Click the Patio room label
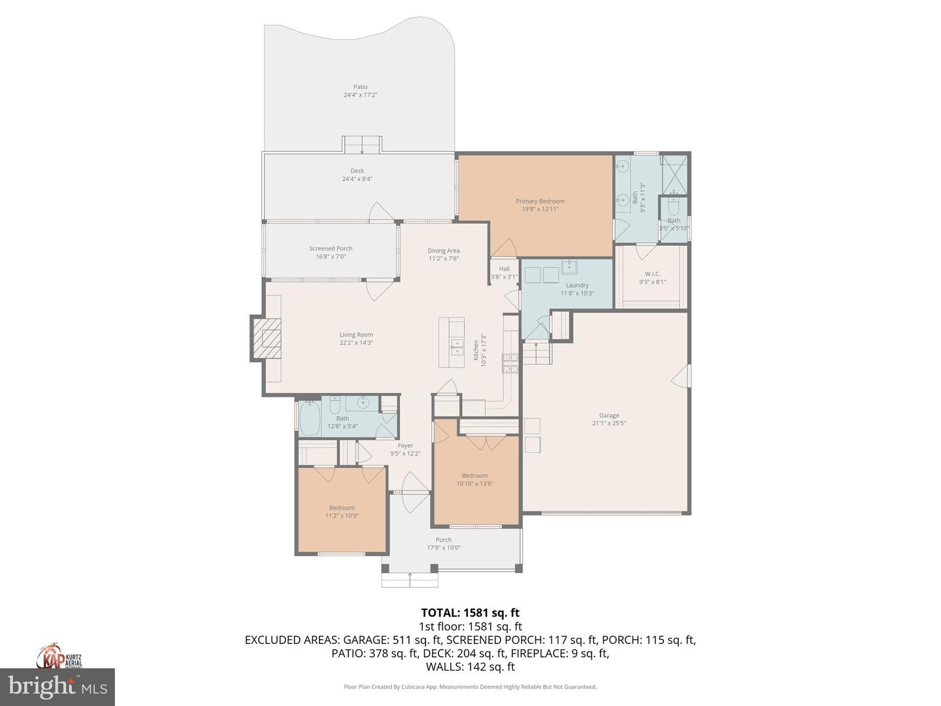point(360,87)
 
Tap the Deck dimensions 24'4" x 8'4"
point(357,179)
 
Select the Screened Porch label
point(331,248)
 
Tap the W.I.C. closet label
point(652,274)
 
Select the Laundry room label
point(577,285)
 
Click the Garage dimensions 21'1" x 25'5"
point(609,423)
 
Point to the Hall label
point(504,269)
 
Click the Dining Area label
point(444,250)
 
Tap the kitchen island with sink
point(452,337)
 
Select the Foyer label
point(405,446)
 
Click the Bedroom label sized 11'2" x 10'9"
point(342,508)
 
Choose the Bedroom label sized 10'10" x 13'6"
point(474,476)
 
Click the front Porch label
point(444,540)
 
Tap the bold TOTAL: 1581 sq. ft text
point(470,613)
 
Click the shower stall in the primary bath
point(674,172)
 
